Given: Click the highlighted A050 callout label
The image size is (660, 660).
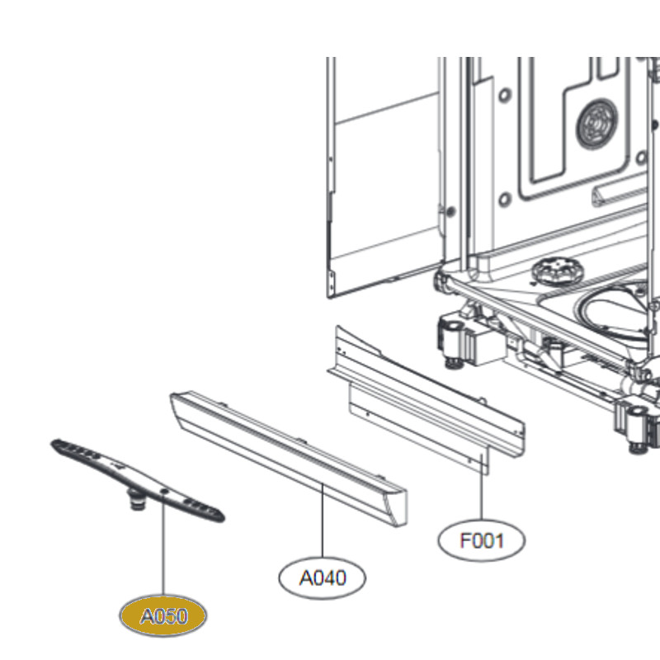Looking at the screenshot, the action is point(163,615).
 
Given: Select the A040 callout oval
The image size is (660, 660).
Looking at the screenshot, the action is point(322,577).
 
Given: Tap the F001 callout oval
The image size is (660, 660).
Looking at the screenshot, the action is point(482,540).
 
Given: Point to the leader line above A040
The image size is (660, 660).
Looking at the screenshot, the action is point(323,521).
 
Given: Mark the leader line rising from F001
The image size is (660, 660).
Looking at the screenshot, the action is point(482,487).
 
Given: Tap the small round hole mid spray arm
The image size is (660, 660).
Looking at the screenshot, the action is point(164,491).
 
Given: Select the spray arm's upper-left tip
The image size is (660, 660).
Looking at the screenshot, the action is point(52,443).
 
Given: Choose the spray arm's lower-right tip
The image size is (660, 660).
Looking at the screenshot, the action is point(224,518).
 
